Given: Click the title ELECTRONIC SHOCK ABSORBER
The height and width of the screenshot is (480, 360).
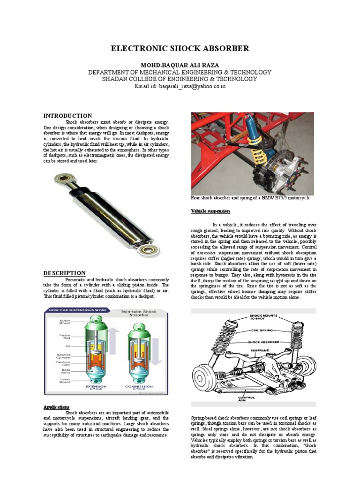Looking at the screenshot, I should click(180, 49).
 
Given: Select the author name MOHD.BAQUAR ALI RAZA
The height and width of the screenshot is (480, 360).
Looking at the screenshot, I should click(180, 64).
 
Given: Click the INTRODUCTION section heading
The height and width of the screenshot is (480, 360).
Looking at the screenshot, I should click(67, 116).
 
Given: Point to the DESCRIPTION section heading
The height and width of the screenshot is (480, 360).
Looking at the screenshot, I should click(65, 273).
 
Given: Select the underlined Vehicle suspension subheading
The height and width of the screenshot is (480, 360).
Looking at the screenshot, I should click(210, 211).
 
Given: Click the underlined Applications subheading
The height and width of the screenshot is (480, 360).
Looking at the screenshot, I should click(57, 406).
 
